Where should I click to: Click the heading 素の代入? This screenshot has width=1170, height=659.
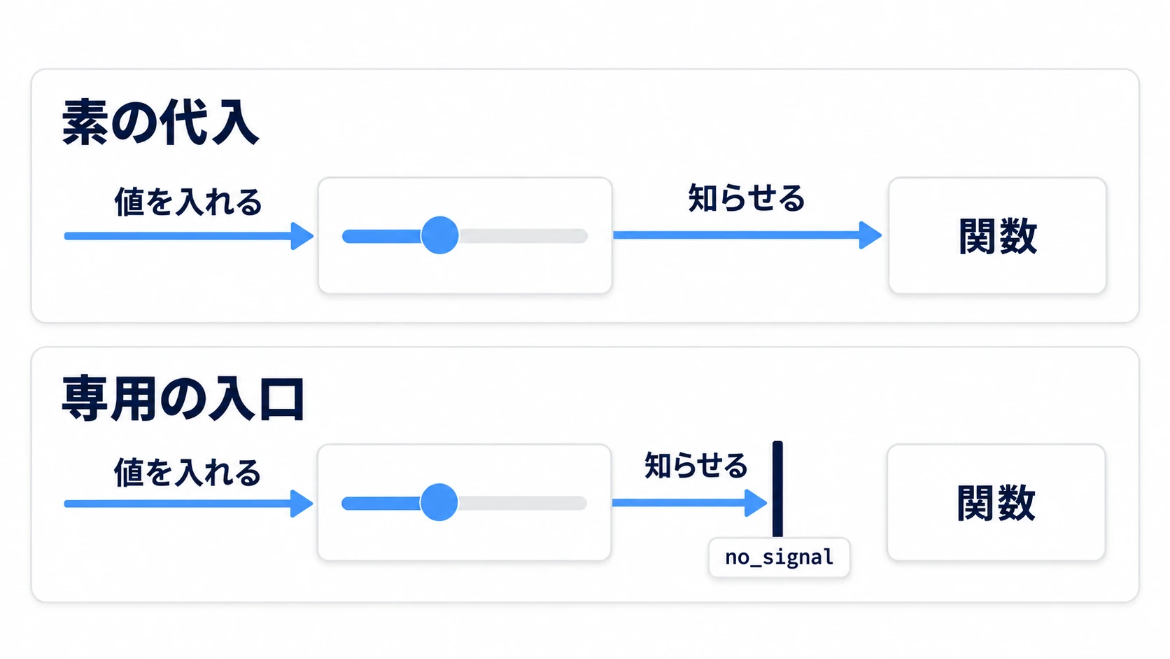[160, 123]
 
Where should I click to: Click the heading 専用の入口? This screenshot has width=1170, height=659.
[183, 398]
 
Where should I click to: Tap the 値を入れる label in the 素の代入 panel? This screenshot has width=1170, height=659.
[188, 202]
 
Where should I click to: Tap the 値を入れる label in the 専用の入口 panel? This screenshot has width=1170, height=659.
[187, 473]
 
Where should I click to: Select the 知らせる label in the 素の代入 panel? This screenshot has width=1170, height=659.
[747, 198]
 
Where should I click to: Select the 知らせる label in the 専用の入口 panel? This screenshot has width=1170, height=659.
[696, 465]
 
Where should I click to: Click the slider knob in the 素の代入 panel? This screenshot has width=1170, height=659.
[439, 235]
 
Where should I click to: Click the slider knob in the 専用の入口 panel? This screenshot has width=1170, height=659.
[439, 502]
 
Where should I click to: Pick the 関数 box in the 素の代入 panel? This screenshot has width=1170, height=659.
[998, 235]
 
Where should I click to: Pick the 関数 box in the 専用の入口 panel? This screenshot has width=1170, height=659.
[996, 502]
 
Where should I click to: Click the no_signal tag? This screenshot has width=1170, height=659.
[780, 557]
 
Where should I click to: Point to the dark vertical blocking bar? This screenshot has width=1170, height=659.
[777, 489]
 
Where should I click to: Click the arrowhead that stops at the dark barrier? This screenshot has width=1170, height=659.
[756, 503]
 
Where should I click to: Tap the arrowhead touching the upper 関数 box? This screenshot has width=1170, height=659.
[871, 235]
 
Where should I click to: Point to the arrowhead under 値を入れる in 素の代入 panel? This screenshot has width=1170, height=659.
[302, 236]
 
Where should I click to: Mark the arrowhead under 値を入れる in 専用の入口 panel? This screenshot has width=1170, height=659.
[302, 504]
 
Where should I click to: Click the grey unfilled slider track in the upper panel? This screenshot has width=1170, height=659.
[523, 236]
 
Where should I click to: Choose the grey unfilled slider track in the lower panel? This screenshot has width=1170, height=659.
[523, 503]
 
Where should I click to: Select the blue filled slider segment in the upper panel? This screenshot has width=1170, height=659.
[382, 236]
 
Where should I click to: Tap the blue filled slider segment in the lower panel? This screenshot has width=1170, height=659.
[381, 503]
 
